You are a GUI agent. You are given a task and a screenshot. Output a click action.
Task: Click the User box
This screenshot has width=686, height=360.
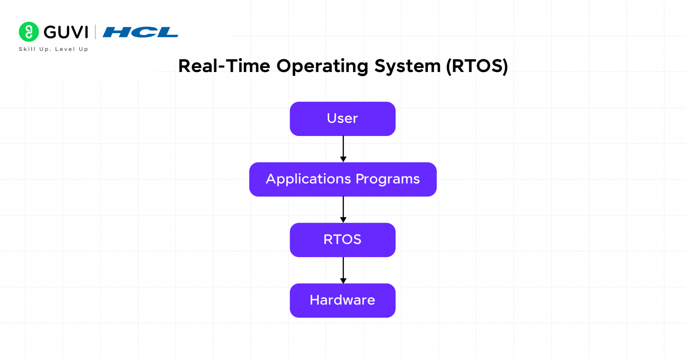[x=342, y=119]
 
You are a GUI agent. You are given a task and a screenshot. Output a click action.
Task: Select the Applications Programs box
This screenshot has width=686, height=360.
[x=343, y=179]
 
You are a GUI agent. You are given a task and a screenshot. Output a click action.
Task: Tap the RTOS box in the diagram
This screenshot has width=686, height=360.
[x=342, y=240]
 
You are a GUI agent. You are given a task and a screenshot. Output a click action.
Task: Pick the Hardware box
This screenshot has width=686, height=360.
[x=342, y=300]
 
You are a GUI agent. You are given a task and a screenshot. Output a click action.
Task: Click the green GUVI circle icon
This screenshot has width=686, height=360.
[x=29, y=32]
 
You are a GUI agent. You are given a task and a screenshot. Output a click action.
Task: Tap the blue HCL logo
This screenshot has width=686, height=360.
[x=140, y=32]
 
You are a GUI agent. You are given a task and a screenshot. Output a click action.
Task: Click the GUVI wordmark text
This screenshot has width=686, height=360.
[x=66, y=32]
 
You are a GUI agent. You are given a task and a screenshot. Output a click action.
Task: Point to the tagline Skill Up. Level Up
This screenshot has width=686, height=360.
[x=54, y=49]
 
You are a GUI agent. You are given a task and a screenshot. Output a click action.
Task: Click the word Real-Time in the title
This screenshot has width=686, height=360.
[x=224, y=66]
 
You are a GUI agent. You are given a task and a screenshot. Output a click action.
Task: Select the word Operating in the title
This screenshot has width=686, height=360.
[x=322, y=66]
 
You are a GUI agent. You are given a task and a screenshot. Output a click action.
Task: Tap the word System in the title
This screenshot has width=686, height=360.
[x=407, y=66]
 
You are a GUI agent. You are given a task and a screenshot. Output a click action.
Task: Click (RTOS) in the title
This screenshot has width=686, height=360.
[x=477, y=66]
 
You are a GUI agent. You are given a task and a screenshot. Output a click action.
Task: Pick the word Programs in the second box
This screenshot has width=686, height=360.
[x=388, y=179]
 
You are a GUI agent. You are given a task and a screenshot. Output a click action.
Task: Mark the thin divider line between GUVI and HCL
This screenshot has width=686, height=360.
[x=95, y=32]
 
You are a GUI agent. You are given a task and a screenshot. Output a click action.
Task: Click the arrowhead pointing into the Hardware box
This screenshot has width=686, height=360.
[x=343, y=281]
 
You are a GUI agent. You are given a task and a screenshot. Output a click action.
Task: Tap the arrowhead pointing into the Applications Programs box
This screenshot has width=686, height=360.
[x=343, y=159]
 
